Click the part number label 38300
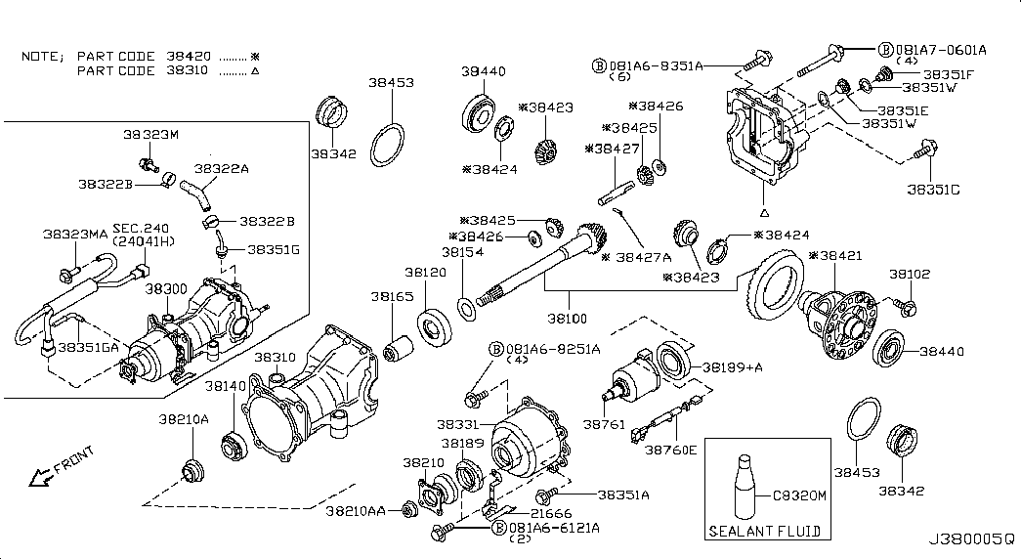pyautogui.click(x=167, y=290)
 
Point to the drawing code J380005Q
pyautogui.click(x=970, y=539)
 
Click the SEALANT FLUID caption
pyautogui.click(x=763, y=533)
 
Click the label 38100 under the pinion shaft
pyautogui.click(x=568, y=319)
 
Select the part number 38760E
pyautogui.click(x=670, y=450)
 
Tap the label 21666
pyautogui.click(x=551, y=512)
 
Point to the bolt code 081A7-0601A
pyautogui.click(x=943, y=48)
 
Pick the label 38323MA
pyautogui.click(x=74, y=235)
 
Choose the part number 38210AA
pyautogui.click(x=356, y=511)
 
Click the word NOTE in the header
pyautogui.click(x=42, y=56)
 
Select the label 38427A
pyautogui.click(x=644, y=257)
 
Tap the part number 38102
pyautogui.click(x=910, y=275)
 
